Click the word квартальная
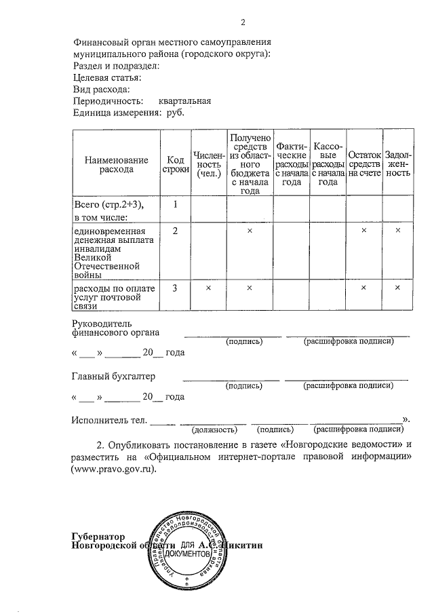click(185, 101)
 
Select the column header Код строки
click(175, 164)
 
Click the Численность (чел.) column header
click(208, 164)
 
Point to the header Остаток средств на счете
click(364, 164)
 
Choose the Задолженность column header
click(398, 164)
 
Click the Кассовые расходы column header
click(328, 164)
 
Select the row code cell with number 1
click(175, 204)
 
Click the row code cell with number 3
click(175, 288)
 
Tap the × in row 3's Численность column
click(208, 288)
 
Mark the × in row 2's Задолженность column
click(398, 231)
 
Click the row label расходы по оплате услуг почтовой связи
click(115, 296)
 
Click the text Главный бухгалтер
click(113, 376)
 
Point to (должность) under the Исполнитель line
click(214, 429)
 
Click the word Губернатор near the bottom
click(99, 535)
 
